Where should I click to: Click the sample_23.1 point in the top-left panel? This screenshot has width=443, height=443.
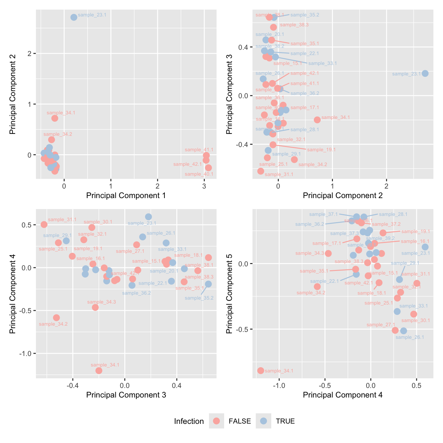click(74, 17)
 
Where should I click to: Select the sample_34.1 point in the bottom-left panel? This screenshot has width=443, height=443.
click(99, 370)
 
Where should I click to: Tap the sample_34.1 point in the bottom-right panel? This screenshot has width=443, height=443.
click(261, 370)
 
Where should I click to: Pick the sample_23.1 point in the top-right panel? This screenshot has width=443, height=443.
click(425, 73)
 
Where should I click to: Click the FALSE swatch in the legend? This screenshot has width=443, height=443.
click(217, 421)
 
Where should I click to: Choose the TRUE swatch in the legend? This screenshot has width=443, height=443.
click(263, 421)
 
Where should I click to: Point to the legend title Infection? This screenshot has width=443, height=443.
click(189, 421)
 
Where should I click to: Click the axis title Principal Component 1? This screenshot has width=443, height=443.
click(126, 195)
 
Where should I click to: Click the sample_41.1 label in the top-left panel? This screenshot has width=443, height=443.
click(199, 150)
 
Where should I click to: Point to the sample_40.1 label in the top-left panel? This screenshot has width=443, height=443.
click(199, 174)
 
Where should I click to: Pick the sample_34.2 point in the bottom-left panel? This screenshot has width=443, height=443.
click(56, 317)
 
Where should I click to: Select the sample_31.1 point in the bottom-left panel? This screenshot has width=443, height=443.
click(44, 224)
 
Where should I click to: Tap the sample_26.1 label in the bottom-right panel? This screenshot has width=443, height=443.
click(410, 337)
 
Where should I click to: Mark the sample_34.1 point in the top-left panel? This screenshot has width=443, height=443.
click(55, 118)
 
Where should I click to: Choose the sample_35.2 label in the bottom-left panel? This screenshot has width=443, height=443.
click(199, 298)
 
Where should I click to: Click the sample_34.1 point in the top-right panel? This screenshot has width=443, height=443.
click(317, 120)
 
